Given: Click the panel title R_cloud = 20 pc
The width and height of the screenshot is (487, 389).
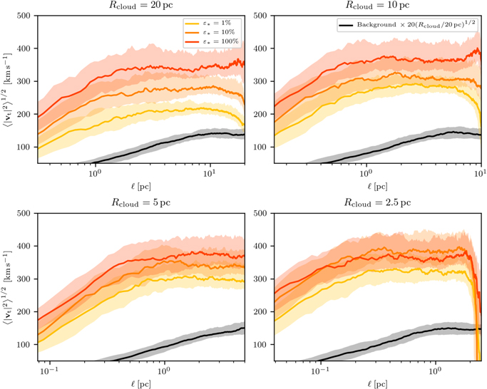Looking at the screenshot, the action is (140, 6).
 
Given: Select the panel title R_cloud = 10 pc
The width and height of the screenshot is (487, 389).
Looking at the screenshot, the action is (377, 6).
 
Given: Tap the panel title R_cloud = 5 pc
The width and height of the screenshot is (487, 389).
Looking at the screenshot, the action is (140, 203).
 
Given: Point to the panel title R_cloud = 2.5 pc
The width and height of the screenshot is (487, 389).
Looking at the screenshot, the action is (377, 203).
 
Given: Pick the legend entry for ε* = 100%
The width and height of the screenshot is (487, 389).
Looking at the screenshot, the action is (212, 41).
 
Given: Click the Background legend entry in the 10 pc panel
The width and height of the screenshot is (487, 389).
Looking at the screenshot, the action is (407, 25).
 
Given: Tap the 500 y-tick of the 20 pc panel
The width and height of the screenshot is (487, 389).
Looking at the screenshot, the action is (24, 16).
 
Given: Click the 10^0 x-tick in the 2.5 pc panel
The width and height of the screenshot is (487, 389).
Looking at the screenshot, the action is (436, 370).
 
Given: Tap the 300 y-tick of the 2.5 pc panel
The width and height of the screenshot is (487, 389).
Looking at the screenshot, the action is (260, 279).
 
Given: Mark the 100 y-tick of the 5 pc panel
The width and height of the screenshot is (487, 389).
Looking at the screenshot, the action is (24, 345).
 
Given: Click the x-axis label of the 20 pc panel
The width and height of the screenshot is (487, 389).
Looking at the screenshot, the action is (140, 186).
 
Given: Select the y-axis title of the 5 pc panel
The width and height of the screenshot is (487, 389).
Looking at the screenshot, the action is (7, 286).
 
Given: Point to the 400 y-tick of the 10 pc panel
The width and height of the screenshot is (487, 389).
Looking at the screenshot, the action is (260, 48).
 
